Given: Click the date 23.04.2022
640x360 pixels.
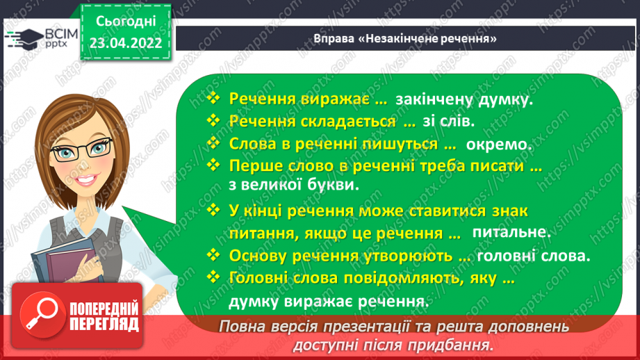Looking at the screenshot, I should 126,42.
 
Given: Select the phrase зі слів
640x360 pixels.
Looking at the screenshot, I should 448,122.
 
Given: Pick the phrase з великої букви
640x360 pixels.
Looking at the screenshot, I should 293,186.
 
